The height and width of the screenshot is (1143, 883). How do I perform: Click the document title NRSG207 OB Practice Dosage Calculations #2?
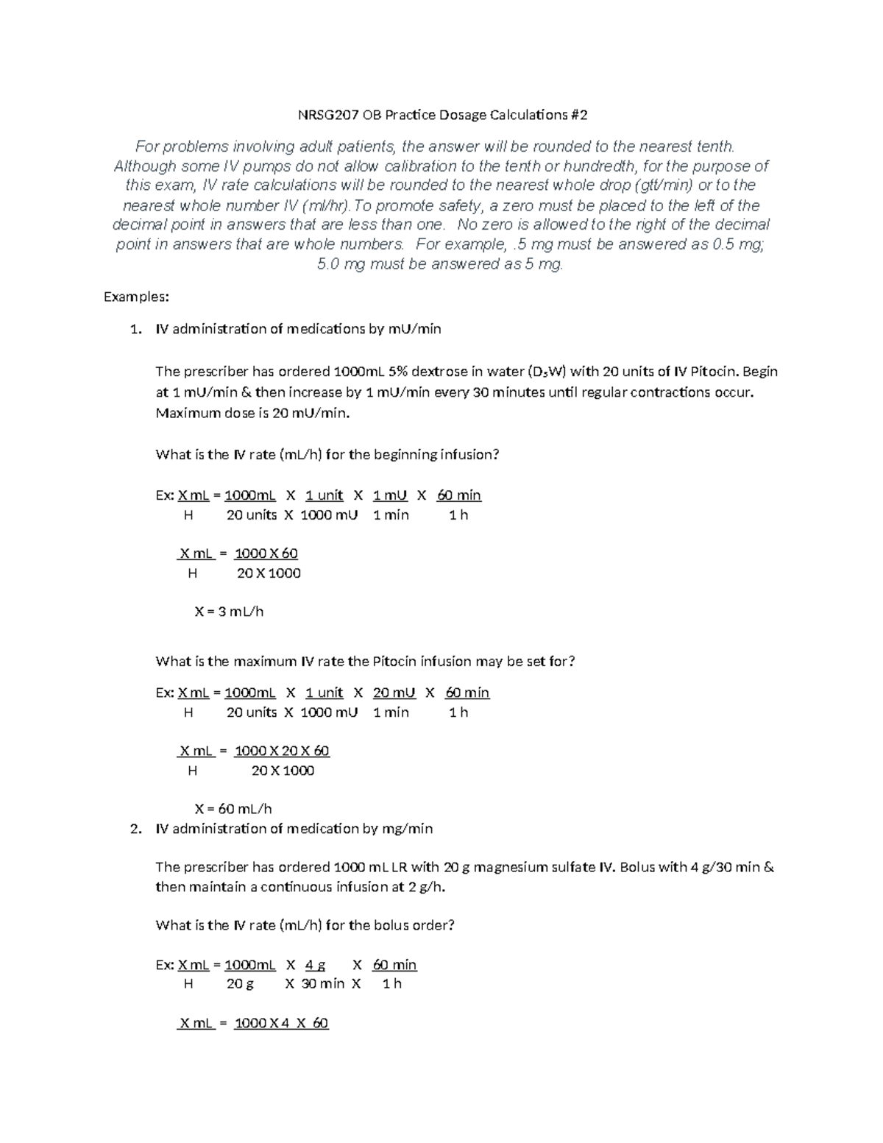coord(441,115)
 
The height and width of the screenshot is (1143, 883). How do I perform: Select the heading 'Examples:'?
coord(136,297)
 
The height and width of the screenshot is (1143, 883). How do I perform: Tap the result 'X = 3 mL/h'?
coord(229,611)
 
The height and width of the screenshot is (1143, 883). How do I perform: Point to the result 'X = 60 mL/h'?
coord(233,808)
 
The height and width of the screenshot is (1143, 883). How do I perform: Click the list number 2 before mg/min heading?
coord(135,829)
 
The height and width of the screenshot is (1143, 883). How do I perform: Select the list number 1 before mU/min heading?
coord(135,329)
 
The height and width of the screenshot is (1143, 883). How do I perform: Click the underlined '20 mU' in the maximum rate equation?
coord(394,693)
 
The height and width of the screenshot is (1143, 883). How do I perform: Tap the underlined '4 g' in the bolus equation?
coord(315,964)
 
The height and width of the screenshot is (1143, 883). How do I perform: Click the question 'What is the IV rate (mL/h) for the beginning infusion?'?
coord(327,454)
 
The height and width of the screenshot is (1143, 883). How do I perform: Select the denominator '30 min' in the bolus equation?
coord(322,984)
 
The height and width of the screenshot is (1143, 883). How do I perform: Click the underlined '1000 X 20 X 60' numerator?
coord(282,751)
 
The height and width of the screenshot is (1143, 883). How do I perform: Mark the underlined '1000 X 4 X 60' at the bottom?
coord(281,1023)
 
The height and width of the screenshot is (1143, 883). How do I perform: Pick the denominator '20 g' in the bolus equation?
coord(240,984)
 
